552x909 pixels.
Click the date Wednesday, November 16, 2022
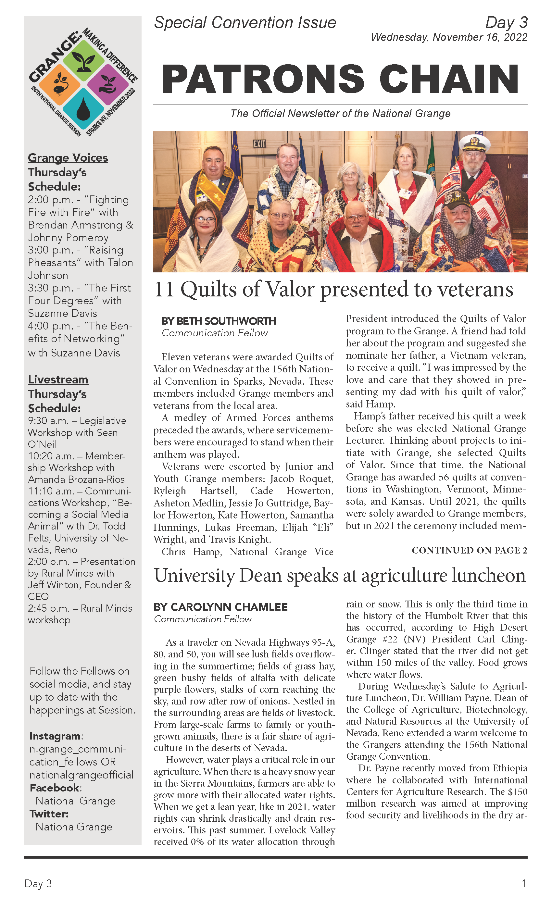click(x=449, y=37)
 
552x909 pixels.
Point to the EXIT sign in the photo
click(x=259, y=143)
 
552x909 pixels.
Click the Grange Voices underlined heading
click(x=68, y=158)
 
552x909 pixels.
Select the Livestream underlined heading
click(x=58, y=379)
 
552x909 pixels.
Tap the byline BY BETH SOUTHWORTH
click(x=219, y=321)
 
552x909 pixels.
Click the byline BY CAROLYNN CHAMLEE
click(x=220, y=607)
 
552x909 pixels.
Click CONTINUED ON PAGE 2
click(x=469, y=550)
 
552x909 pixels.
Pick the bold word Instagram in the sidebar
click(x=55, y=736)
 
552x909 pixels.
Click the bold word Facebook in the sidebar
click(x=55, y=788)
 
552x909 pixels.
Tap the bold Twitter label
click(x=49, y=814)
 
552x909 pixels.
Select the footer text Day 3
click(x=38, y=884)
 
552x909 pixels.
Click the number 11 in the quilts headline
click(x=164, y=289)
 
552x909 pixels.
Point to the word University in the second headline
click(x=194, y=576)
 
